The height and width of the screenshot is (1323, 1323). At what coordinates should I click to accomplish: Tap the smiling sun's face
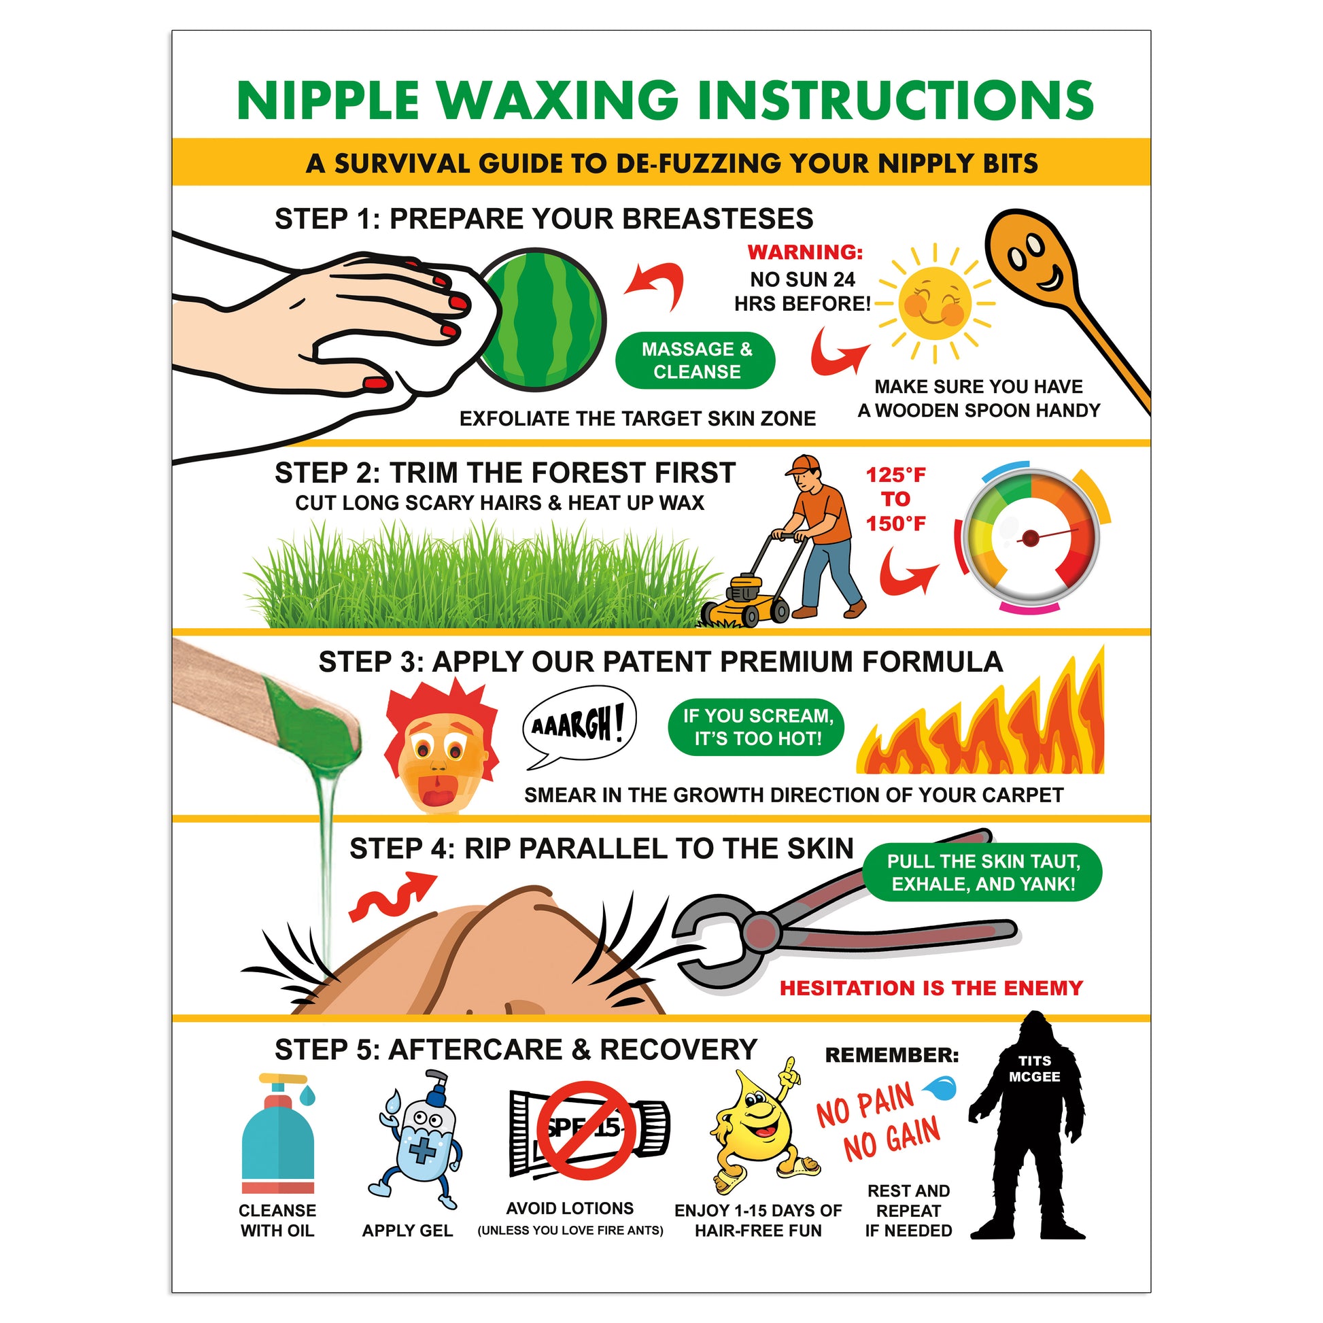[934, 304]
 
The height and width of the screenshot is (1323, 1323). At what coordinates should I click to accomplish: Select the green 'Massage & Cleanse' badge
[695, 361]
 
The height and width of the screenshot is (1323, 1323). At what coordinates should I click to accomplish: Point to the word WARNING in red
[806, 252]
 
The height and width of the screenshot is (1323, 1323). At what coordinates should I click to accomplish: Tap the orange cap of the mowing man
[802, 466]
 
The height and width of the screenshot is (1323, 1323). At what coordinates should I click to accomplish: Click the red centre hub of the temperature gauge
[1031, 538]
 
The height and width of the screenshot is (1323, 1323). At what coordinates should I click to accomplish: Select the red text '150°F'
[895, 524]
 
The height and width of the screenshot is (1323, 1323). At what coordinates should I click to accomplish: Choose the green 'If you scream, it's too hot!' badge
[757, 727]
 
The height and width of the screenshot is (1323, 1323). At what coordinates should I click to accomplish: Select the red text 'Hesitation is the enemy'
[931, 988]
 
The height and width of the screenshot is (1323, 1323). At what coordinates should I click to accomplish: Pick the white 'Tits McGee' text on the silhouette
[1034, 1068]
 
